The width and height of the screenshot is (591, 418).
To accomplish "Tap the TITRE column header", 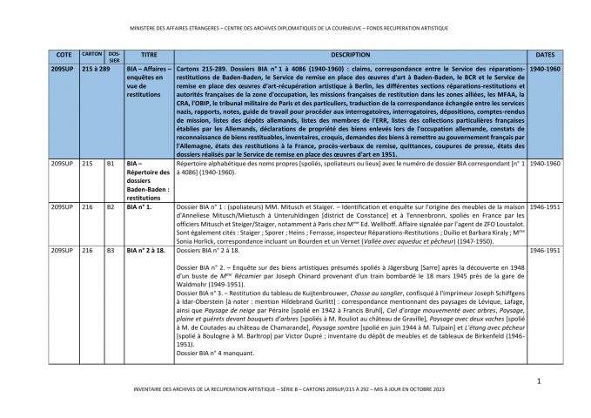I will (148, 54).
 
